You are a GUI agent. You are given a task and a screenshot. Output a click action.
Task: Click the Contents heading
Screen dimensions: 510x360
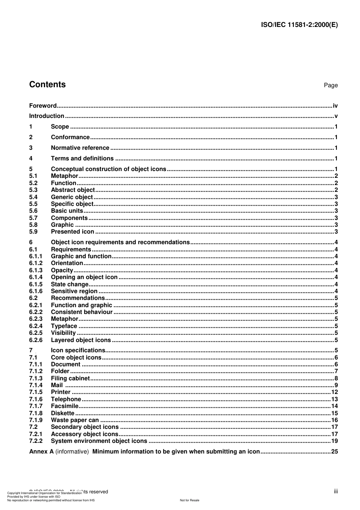pos(47,85)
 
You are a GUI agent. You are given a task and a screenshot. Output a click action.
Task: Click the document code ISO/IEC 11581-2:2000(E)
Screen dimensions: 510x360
pos(299,25)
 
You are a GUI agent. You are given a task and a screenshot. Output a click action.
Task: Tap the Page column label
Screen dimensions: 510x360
pos(330,85)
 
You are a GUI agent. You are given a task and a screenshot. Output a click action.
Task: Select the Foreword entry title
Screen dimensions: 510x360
pos(43,106)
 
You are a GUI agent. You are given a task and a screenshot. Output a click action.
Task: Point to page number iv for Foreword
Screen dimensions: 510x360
pos(335,106)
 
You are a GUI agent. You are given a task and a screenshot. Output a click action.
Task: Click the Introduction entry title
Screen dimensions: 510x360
pos(47,116)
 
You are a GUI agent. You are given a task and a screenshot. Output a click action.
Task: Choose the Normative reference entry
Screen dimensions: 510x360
pos(80,148)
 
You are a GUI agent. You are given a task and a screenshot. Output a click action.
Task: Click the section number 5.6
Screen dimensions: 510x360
pos(33,211)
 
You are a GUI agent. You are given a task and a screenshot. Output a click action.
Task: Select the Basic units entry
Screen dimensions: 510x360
pos(67,211)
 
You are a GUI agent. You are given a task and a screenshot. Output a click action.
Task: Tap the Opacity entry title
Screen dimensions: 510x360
pos(62,270)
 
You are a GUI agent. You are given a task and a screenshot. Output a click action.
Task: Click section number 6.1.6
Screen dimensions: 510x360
pos(36,291)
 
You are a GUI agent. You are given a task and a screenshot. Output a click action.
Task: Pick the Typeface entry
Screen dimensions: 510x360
pos(64,326)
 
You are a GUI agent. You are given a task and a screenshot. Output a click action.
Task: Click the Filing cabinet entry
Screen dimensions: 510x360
pos(70,378)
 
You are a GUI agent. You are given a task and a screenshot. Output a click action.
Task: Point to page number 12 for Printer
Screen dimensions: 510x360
pos(334,392)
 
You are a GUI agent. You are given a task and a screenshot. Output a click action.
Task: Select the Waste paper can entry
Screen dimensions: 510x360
pos(75,420)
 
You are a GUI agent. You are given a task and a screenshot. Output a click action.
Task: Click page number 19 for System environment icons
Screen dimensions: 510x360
pos(334,441)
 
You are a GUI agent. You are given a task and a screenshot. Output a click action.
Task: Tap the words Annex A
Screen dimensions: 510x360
pos(41,452)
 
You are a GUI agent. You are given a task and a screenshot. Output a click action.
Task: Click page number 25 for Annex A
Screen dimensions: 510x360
pos(334,452)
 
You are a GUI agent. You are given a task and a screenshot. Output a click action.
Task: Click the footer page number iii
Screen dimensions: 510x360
pos(336,491)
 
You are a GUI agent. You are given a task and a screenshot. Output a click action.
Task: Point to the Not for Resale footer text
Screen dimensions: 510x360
pos(189,500)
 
